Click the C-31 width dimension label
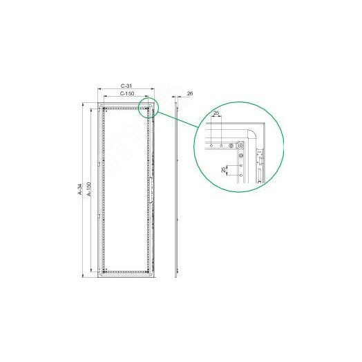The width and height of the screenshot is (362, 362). (126, 86)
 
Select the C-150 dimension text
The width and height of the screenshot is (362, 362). (127, 93)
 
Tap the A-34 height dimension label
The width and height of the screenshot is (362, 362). (80, 189)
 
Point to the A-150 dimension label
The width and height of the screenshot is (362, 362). (89, 189)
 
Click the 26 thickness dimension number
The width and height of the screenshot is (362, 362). (190, 93)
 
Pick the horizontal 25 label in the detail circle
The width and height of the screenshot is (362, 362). (216, 113)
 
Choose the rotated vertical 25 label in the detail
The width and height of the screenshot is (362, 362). (223, 170)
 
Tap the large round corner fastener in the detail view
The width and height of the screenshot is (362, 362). (241, 146)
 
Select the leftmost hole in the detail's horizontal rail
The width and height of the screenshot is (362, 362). (211, 146)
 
